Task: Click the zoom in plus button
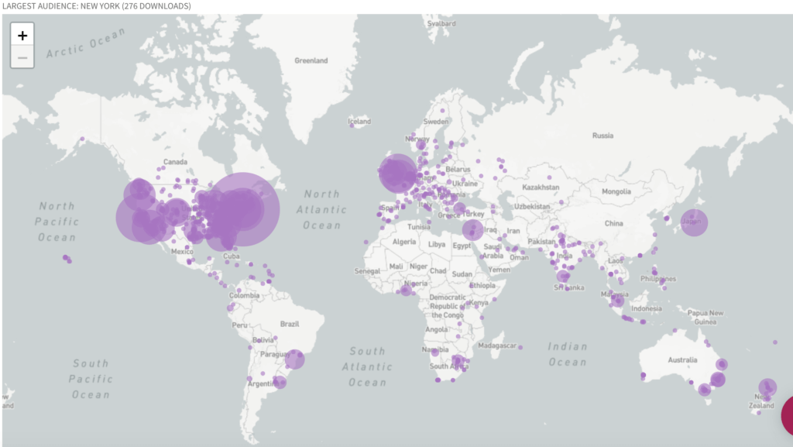tap(22, 35)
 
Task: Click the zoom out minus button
tap(22, 57)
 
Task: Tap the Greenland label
tap(311, 60)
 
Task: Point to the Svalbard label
tap(441, 24)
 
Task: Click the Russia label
tap(602, 136)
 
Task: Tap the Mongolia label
tap(616, 191)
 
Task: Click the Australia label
tap(682, 359)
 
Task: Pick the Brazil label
tap(290, 324)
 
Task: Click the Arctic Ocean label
tap(85, 44)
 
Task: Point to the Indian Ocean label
tap(568, 355)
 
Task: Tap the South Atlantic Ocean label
tap(367, 366)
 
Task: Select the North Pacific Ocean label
tap(57, 222)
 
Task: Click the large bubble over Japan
tap(694, 222)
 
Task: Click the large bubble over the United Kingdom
tap(398, 173)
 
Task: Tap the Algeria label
tap(404, 242)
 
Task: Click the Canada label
tap(175, 162)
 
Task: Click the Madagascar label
tap(497, 345)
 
